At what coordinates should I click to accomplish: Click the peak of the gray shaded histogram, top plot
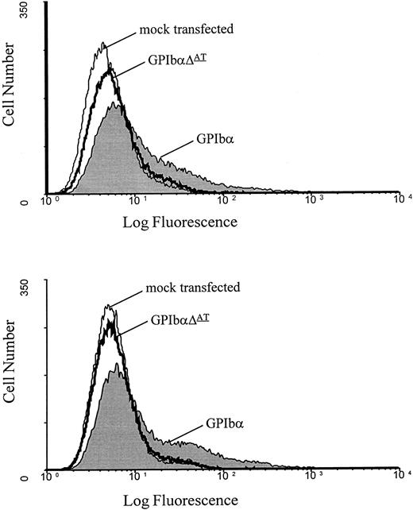(x=115, y=102)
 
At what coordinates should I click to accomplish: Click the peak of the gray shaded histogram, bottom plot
(x=118, y=364)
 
